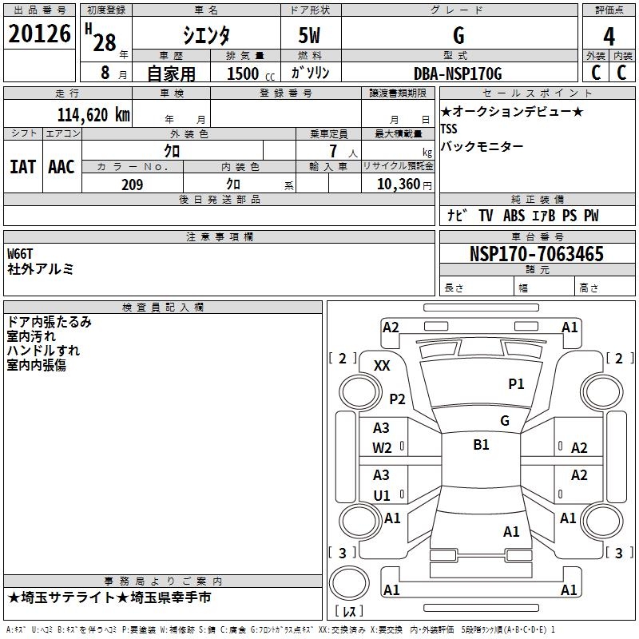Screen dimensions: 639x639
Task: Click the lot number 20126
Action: (x=39, y=35)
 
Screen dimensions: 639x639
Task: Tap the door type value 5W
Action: (x=310, y=36)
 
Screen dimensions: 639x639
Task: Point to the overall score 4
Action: (x=609, y=36)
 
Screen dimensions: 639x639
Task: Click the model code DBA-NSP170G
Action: (x=458, y=73)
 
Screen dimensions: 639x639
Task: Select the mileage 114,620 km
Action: (x=93, y=114)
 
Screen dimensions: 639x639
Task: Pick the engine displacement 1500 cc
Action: (x=244, y=73)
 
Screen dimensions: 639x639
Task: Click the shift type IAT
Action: (x=22, y=167)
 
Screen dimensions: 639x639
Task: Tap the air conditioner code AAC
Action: (x=62, y=167)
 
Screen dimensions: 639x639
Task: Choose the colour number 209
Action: (x=132, y=185)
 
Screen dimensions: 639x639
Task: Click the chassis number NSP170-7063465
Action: (x=536, y=255)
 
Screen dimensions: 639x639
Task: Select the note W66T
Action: (x=20, y=254)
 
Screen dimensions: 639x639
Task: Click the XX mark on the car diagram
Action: (x=382, y=365)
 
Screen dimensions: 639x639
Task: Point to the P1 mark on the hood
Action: (x=516, y=384)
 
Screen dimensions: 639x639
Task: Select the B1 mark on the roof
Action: (x=481, y=445)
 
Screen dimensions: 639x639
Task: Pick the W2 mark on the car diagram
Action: (x=382, y=447)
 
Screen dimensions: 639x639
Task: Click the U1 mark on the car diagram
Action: (x=382, y=495)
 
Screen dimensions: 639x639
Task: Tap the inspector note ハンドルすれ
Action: (x=43, y=351)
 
